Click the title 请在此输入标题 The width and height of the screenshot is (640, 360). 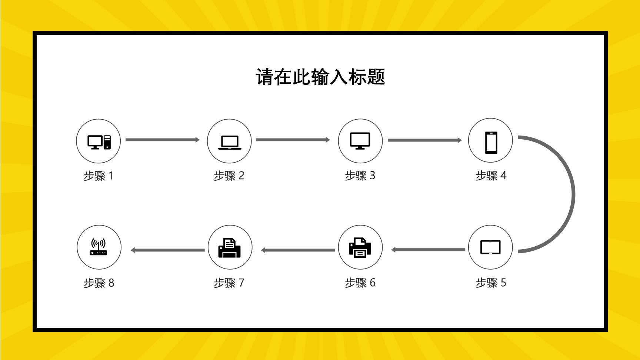tap(320, 77)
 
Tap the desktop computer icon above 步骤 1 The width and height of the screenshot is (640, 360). tap(99, 142)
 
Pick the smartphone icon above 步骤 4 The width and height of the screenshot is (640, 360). tap(491, 142)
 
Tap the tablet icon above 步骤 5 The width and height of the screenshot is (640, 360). tap(490, 247)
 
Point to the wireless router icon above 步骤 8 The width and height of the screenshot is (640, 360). tap(99, 247)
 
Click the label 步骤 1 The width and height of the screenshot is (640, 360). tap(99, 176)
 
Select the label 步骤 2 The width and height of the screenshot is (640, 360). tap(229, 176)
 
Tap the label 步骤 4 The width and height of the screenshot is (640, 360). tap(491, 176)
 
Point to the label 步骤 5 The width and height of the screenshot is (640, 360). tap(491, 283)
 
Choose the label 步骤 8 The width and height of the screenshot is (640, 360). tap(99, 283)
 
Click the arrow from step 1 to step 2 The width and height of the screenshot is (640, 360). tap(163, 140)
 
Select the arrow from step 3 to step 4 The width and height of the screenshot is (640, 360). tap(425, 140)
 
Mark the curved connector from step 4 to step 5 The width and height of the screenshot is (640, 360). tap(573, 194)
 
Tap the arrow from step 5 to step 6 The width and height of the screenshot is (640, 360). tap(428, 250)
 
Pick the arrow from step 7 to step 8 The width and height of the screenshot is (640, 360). tap(167, 250)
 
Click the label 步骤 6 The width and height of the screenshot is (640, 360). tap(360, 283)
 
